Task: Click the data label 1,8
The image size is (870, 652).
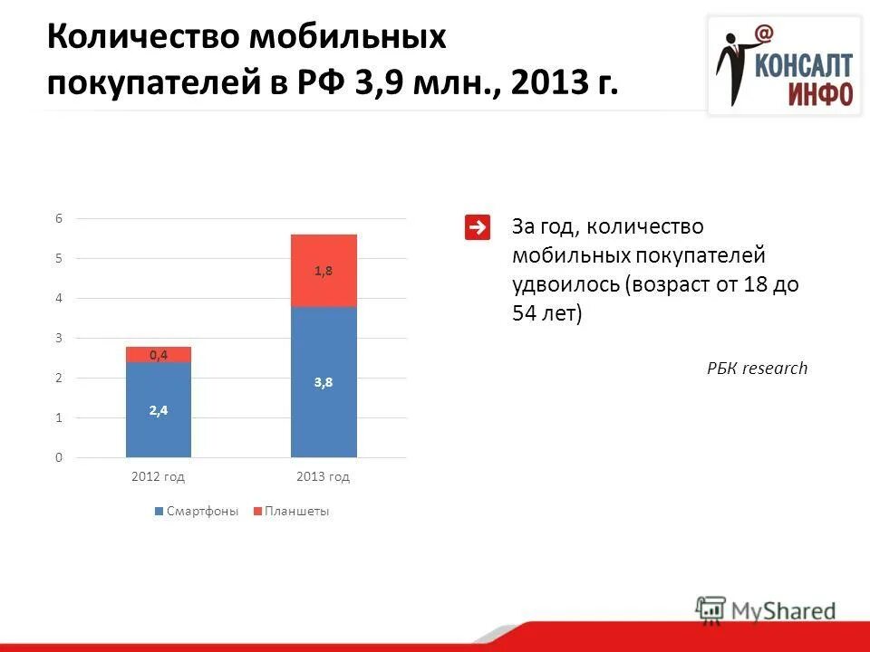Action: coord(324,271)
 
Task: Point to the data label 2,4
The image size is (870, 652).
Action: coord(159,410)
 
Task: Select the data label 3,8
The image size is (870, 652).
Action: coord(324,382)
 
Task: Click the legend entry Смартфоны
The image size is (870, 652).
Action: coord(197,512)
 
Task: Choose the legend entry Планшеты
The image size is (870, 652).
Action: coord(291,512)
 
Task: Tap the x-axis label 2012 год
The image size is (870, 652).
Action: coord(159,476)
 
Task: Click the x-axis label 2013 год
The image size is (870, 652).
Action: coord(324,476)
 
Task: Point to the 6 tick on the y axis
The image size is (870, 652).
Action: coord(59,218)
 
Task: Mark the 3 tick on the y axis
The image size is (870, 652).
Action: coord(59,338)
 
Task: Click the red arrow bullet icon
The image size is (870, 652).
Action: coord(478,227)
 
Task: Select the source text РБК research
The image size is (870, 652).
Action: coord(757,368)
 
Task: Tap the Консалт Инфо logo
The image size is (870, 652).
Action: coord(784,65)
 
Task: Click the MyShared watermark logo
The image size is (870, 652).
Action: coord(766,609)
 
